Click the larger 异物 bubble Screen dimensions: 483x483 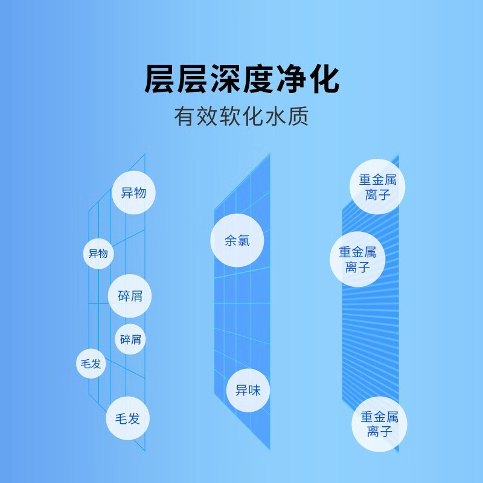click(x=133, y=193)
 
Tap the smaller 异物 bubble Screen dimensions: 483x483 click(x=98, y=254)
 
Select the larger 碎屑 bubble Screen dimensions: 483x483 click(x=130, y=296)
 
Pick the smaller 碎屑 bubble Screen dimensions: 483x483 click(x=130, y=339)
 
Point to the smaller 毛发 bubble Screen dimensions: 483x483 click(x=91, y=363)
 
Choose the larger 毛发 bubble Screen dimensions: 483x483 click(x=127, y=418)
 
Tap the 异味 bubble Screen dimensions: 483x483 click(x=248, y=389)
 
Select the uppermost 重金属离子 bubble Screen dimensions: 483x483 click(x=378, y=187)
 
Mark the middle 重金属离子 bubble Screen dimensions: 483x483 click(x=357, y=260)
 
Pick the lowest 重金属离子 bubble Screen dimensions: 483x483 click(x=379, y=424)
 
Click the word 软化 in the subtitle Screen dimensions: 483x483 click(x=241, y=117)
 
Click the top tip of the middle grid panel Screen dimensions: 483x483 click(x=269, y=155)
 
